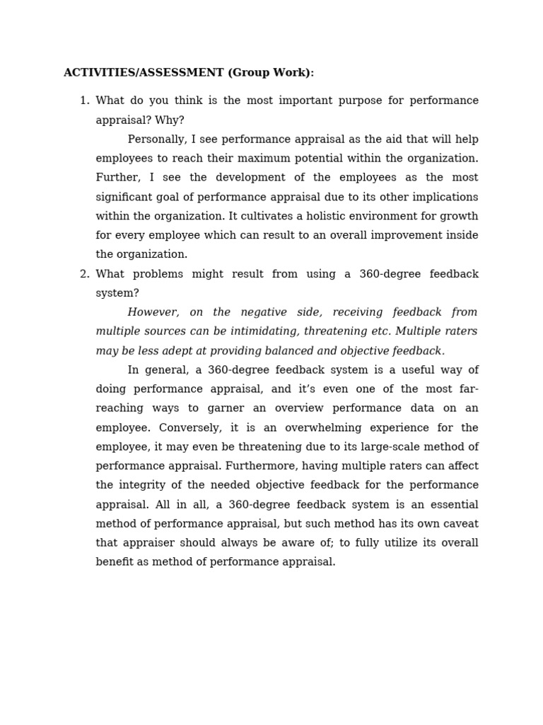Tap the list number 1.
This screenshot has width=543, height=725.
click(84, 101)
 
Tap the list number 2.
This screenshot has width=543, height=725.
click(84, 274)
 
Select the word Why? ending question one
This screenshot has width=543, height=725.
click(170, 120)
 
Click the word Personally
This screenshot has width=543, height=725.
click(158, 139)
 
